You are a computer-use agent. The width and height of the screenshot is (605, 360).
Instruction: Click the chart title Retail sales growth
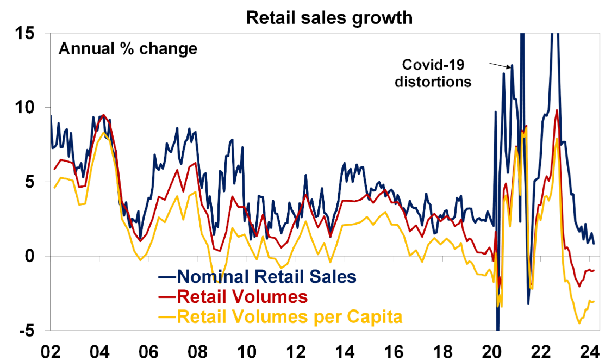[x=329, y=17]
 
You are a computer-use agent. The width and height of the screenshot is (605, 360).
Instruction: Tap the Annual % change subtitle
[x=128, y=48]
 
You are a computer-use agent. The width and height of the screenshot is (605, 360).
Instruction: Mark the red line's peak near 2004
[x=104, y=115]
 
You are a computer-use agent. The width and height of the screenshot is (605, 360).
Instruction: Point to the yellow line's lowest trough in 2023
[x=579, y=323]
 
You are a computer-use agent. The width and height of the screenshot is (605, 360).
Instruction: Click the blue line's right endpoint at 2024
[x=594, y=243]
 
